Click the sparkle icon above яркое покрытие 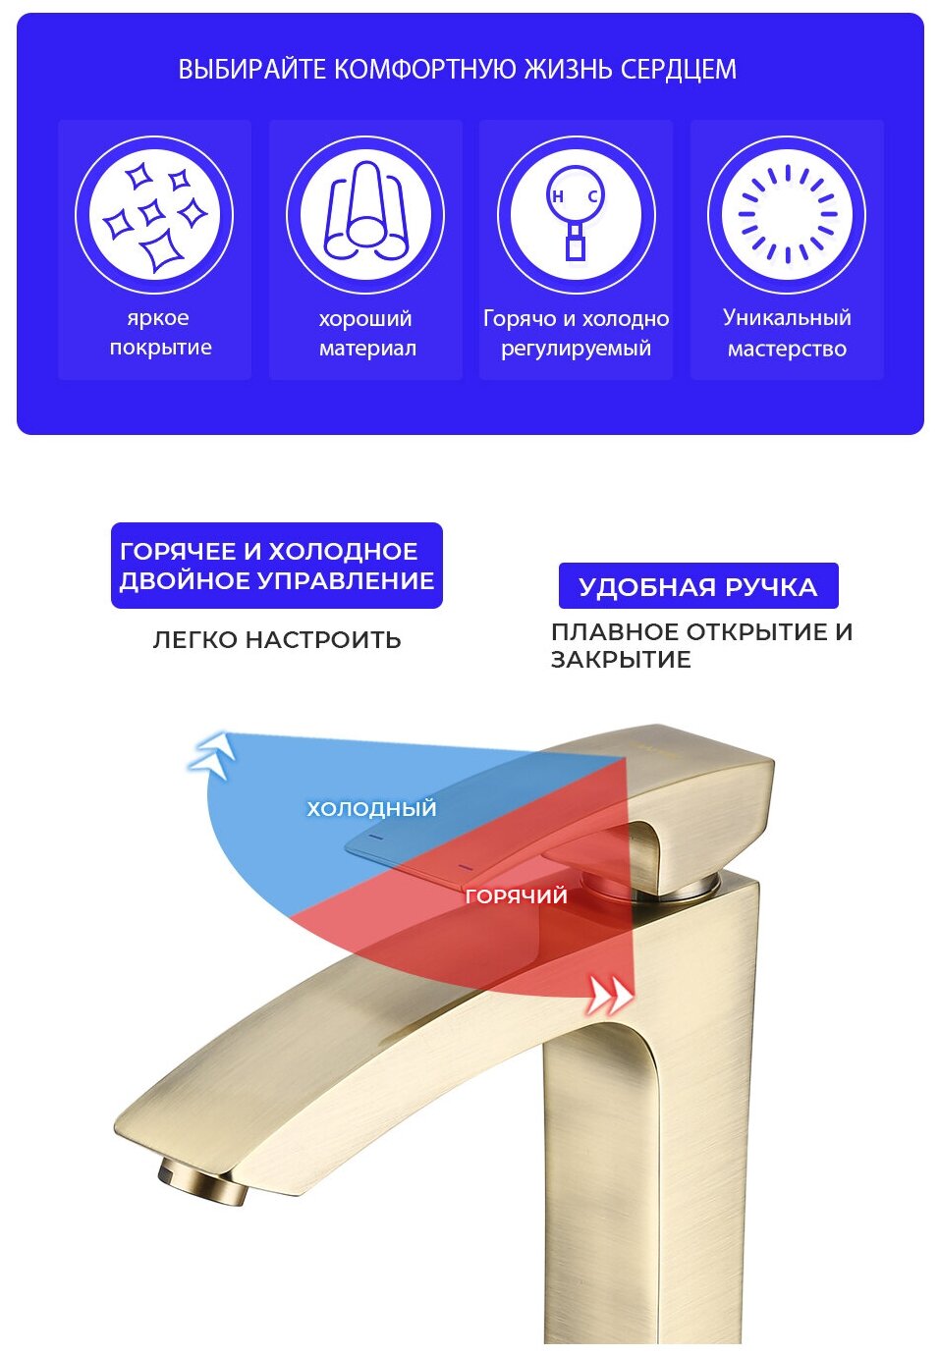pyautogui.click(x=154, y=215)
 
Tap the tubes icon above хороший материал pyautogui.click(x=365, y=215)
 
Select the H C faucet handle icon pyautogui.click(x=576, y=215)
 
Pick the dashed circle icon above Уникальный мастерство pyautogui.click(x=787, y=215)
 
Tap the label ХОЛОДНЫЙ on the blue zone pyautogui.click(x=371, y=809)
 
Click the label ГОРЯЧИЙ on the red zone pyautogui.click(x=516, y=895)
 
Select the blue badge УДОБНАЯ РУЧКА pyautogui.click(x=697, y=587)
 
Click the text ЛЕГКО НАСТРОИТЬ pyautogui.click(x=277, y=640)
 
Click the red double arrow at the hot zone pyautogui.click(x=609, y=996)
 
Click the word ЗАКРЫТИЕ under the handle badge pyautogui.click(x=621, y=660)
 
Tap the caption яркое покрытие pyautogui.click(x=160, y=333)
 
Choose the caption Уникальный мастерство pyautogui.click(x=787, y=333)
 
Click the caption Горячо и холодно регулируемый pyautogui.click(x=576, y=333)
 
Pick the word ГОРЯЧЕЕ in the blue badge pyautogui.click(x=176, y=552)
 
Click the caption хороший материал pyautogui.click(x=366, y=333)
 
